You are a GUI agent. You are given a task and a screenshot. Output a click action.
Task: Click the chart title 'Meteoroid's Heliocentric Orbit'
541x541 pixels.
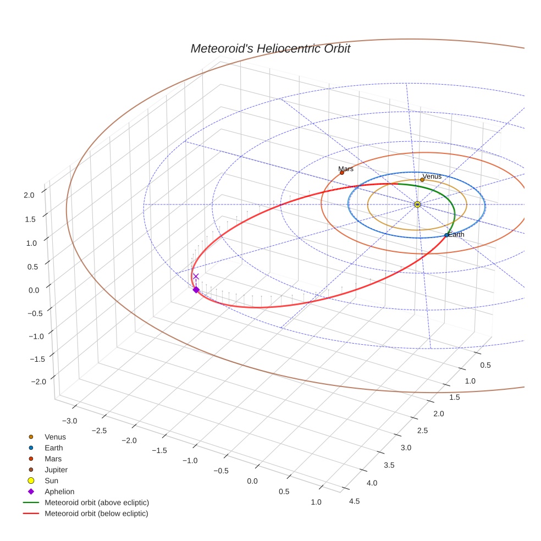(x=270, y=49)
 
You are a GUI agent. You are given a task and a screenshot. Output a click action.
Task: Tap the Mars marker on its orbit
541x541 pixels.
(x=342, y=173)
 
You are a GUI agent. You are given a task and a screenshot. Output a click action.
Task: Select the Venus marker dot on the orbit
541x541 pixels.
(x=422, y=180)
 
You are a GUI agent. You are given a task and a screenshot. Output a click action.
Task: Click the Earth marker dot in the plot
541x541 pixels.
(x=446, y=235)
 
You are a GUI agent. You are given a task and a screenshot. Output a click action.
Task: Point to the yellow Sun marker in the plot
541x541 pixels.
(x=417, y=205)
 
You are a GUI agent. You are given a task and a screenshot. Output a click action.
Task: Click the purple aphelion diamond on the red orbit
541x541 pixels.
(x=196, y=290)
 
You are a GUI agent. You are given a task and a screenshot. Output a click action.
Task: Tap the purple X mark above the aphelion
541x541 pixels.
(x=196, y=277)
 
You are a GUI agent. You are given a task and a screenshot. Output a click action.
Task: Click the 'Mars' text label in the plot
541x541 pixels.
(x=346, y=169)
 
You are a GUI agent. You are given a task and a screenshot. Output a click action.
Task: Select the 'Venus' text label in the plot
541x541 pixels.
(x=432, y=176)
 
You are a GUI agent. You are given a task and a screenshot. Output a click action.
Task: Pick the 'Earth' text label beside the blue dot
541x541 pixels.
(x=456, y=235)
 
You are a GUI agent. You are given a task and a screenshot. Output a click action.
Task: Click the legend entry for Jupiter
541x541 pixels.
(x=56, y=470)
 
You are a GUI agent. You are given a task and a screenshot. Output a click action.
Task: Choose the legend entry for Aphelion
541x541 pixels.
(x=59, y=492)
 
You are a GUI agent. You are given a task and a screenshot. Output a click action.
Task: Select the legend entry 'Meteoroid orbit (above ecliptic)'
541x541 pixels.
(x=97, y=503)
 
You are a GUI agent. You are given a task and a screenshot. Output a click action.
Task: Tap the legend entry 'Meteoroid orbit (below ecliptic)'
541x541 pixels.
(x=96, y=514)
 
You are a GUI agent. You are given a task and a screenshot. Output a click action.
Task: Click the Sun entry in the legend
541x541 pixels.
(x=51, y=481)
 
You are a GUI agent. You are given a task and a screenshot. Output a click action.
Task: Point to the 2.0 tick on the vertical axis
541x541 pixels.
(x=29, y=195)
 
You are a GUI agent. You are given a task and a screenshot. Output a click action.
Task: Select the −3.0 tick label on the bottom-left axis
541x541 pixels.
(x=69, y=421)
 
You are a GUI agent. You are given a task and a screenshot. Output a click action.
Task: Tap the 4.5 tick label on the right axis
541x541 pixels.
(x=354, y=501)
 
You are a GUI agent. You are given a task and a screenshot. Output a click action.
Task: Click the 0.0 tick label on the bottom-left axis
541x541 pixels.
(x=252, y=481)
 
